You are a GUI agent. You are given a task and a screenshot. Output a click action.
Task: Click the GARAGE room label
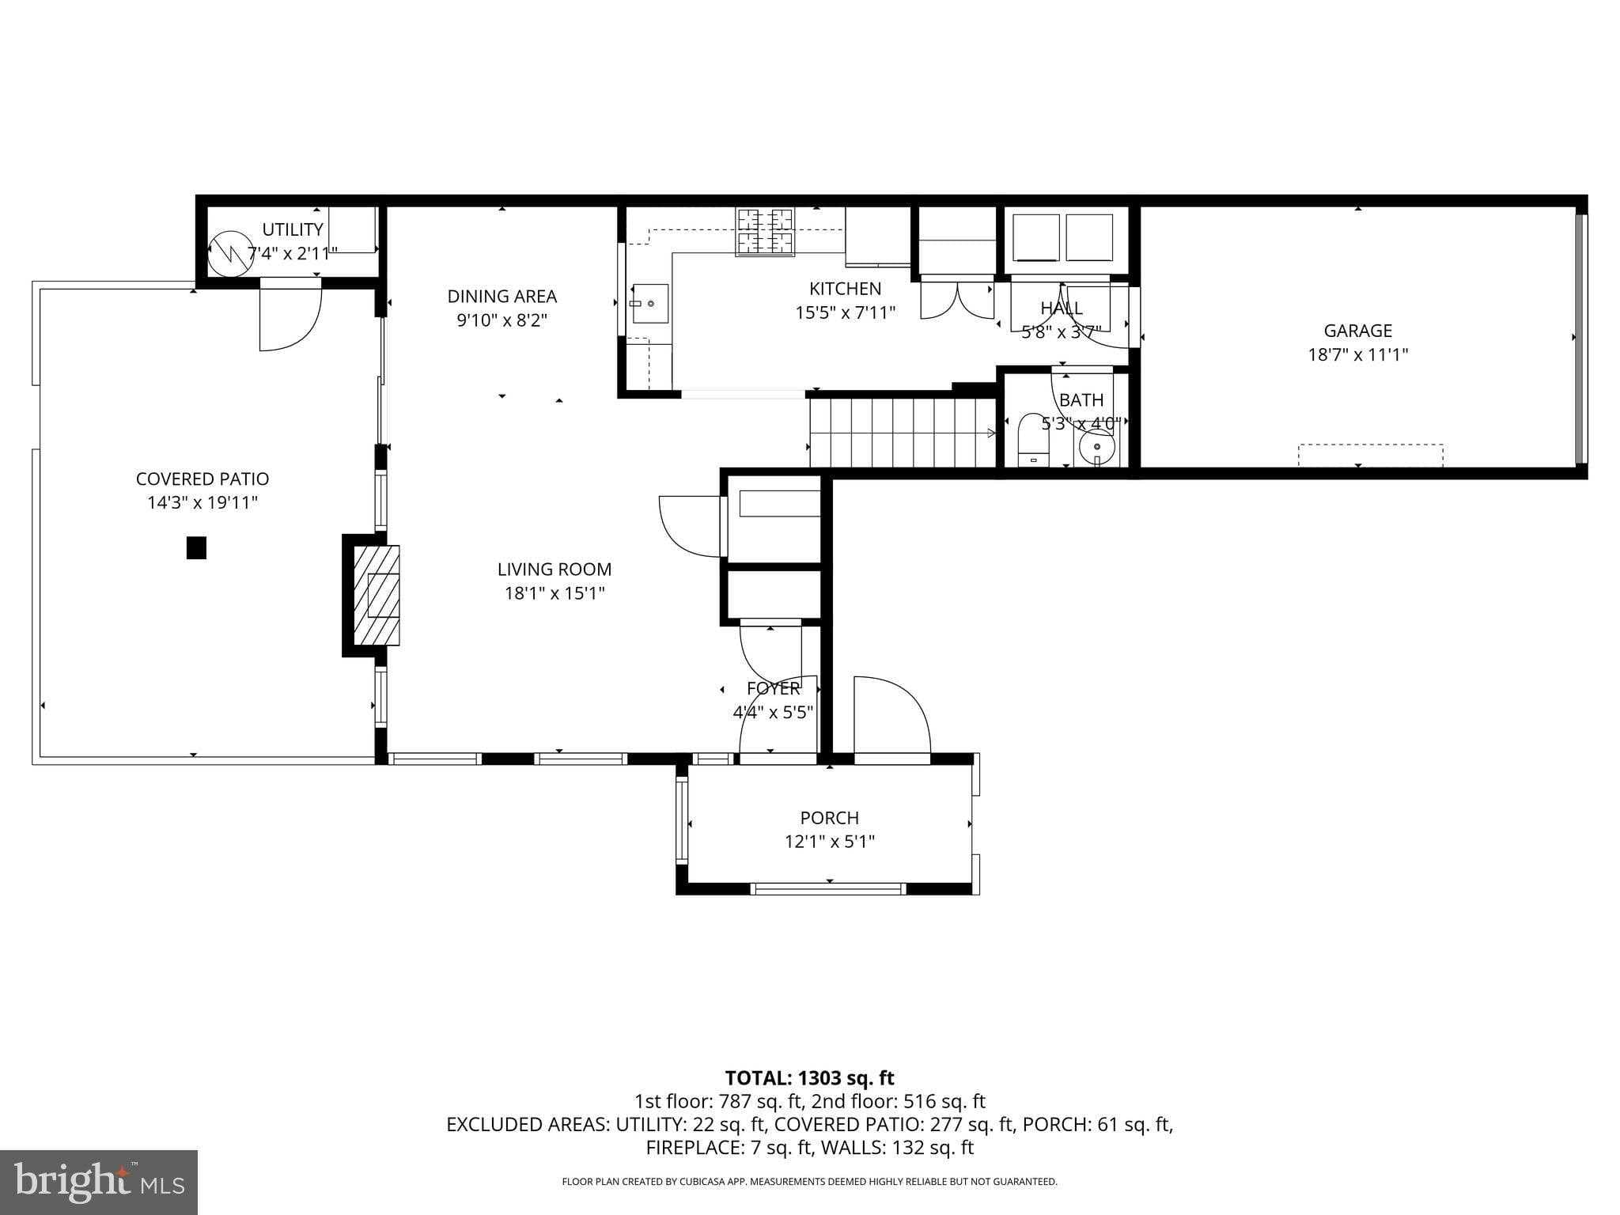point(1357,331)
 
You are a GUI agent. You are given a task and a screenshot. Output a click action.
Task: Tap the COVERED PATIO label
point(202,479)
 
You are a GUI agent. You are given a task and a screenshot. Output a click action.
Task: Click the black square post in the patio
point(196,547)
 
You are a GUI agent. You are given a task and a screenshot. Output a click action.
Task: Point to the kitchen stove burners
point(765,231)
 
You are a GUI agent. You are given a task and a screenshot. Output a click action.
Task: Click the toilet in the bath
point(1033,440)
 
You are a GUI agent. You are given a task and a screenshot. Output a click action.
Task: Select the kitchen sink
point(649,304)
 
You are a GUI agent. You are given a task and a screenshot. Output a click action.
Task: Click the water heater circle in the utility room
point(231,253)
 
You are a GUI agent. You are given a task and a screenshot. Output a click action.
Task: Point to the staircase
point(902,433)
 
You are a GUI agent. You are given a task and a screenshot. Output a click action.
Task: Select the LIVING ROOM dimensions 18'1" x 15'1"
point(555,593)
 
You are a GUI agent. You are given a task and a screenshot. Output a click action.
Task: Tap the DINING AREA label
point(502,297)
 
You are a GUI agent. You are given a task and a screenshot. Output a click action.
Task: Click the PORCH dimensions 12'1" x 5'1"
point(829,842)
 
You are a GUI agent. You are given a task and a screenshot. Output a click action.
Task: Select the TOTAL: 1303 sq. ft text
point(809,1077)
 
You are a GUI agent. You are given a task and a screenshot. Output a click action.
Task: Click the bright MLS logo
point(99,1182)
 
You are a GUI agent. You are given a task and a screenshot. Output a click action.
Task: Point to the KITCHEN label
point(845,289)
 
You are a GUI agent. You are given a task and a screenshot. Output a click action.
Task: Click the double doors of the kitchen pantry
point(957,301)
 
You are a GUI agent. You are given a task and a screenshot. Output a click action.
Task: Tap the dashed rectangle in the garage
point(1370,455)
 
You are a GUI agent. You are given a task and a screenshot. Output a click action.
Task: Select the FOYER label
point(773,688)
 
